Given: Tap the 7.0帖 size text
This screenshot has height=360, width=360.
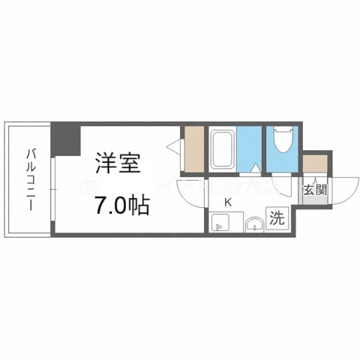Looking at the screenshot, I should coord(120,203).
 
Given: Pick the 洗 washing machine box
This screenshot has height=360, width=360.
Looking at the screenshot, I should coord(277,220).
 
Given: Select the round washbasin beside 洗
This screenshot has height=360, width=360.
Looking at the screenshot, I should coord(254,222).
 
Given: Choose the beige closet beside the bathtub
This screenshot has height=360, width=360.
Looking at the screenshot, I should coord(193,148).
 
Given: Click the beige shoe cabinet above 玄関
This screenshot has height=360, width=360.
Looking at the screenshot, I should coord(314,162).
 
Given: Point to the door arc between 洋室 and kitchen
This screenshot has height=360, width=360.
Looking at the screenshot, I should coord(190,193).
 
